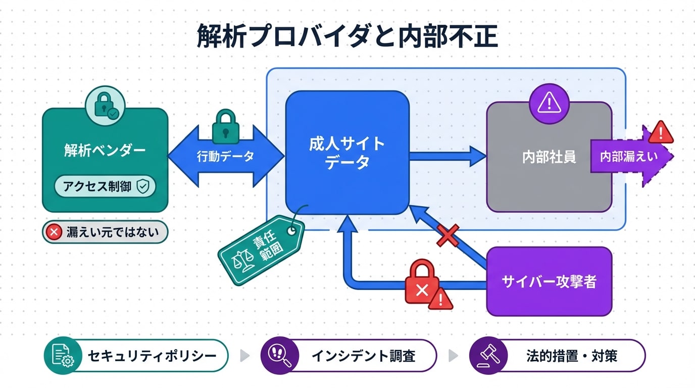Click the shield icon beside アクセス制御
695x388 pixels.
click(143, 187)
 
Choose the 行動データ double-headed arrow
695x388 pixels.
click(225, 157)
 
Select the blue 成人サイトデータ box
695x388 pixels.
click(347, 153)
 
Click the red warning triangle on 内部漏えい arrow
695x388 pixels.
click(660, 132)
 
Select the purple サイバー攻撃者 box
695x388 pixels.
click(549, 281)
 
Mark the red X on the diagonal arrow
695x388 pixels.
click(448, 235)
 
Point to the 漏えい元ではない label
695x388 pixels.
click(105, 232)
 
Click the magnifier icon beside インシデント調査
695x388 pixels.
click(277, 355)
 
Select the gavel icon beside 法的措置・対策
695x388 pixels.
click(485, 355)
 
